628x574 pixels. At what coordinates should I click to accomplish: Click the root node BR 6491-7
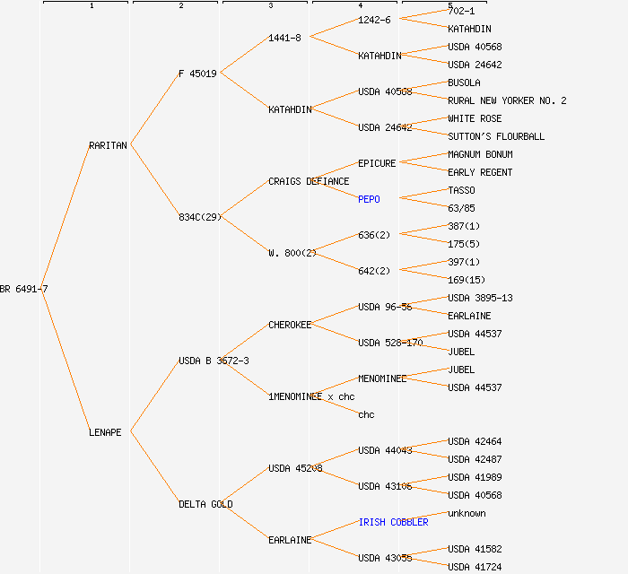point(24,289)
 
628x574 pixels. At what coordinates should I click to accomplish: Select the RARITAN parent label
point(108,145)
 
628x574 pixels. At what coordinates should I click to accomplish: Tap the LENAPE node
point(105,432)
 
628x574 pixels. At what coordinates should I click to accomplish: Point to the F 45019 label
point(197,74)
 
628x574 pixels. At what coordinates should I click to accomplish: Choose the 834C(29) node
point(199,217)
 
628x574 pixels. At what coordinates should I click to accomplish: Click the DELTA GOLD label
point(205,504)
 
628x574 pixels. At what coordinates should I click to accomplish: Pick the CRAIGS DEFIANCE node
point(309,181)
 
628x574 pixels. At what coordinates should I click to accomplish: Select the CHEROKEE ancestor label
point(290,325)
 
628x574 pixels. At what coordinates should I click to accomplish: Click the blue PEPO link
point(369,199)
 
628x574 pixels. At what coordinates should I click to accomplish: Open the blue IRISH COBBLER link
point(393,522)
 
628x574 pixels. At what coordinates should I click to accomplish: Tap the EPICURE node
point(377,163)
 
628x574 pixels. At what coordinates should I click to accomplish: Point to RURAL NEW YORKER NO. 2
point(507,100)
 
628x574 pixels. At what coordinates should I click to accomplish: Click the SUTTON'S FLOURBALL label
point(496,136)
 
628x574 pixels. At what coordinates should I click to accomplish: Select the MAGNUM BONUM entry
point(480,154)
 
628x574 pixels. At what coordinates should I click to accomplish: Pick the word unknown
point(467,513)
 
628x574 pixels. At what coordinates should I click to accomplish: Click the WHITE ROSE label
point(475,118)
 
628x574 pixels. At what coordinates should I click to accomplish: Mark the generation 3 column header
point(270,5)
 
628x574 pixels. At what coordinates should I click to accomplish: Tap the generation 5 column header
point(449,5)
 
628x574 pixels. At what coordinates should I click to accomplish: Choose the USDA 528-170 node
point(390,343)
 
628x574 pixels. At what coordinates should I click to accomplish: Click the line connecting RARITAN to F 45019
point(154,109)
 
